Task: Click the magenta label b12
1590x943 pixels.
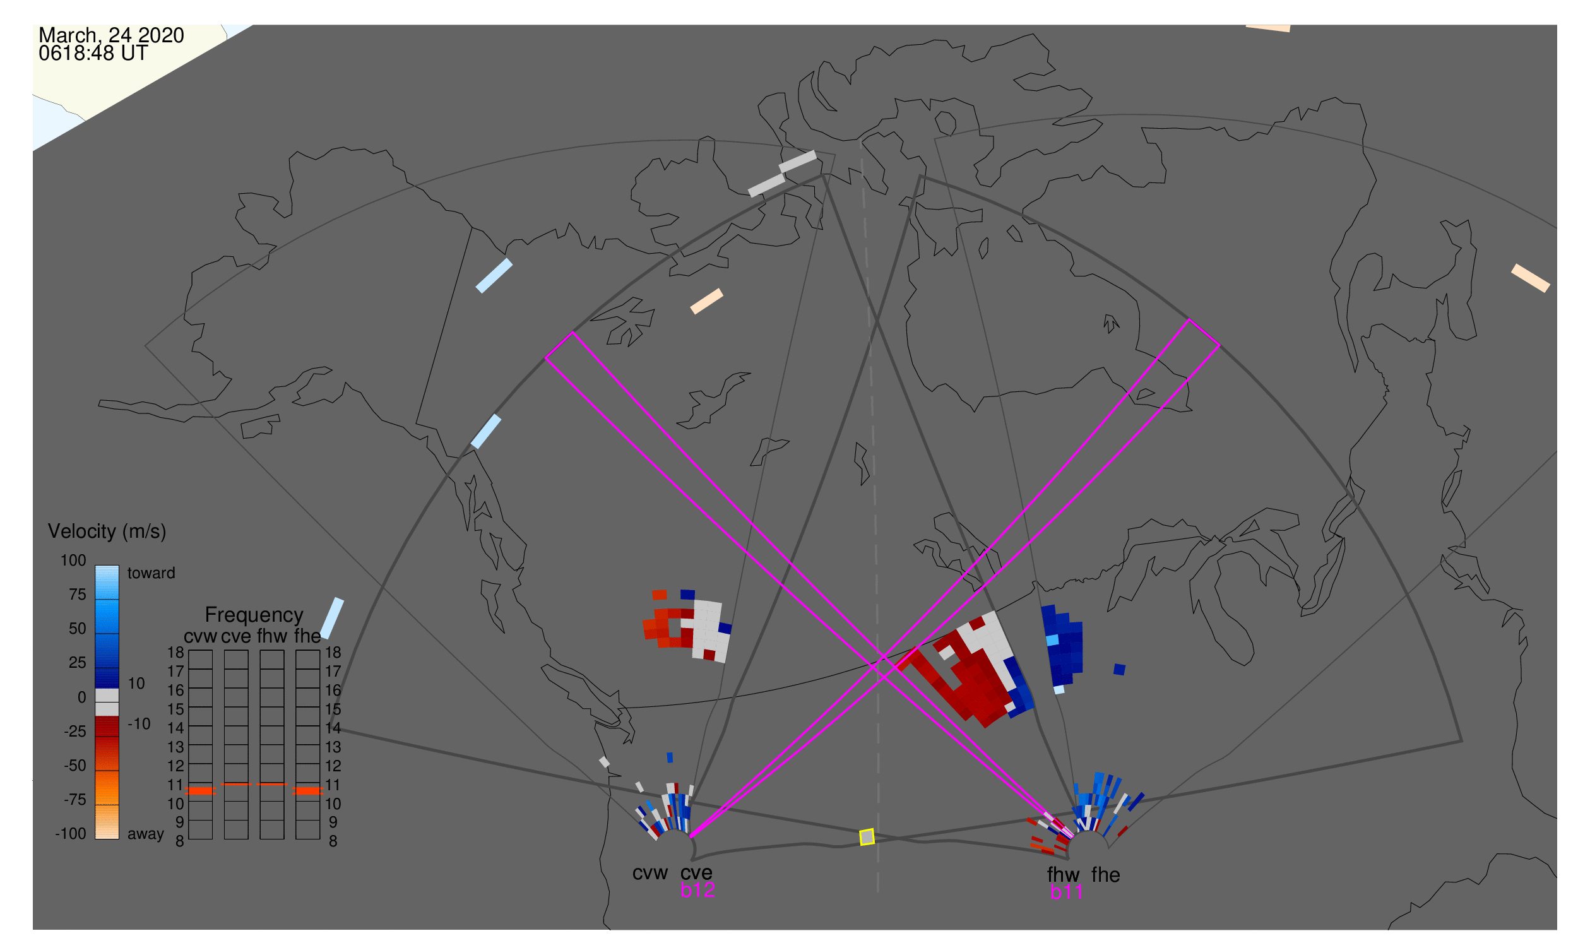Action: point(697,890)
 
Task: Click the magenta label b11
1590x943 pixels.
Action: point(1066,892)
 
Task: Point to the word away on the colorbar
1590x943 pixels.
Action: point(146,834)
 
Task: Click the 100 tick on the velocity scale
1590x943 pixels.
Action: point(73,560)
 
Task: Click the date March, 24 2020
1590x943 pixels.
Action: point(111,35)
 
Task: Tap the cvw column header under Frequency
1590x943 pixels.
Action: point(200,636)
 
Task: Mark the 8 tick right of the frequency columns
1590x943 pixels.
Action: point(333,841)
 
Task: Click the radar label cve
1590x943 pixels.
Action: point(696,873)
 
